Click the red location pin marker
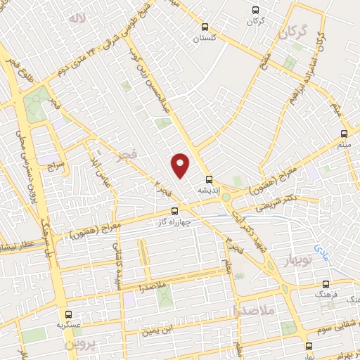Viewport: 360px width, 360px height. pos(180,165)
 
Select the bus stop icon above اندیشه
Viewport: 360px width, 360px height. pos(208,179)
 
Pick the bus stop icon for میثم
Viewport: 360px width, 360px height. pos(344,134)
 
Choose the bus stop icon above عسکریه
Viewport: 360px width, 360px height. pos(68,315)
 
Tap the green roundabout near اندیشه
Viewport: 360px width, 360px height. pos(226,198)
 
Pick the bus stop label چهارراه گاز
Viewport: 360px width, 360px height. pos(173,221)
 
